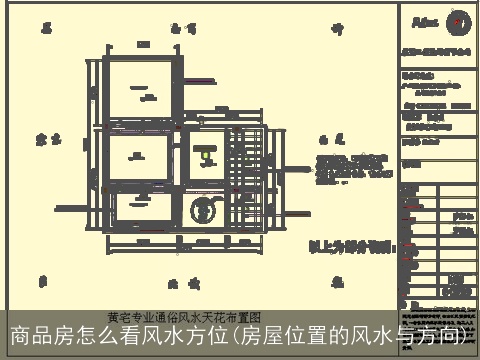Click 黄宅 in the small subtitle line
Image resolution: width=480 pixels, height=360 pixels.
(119, 317)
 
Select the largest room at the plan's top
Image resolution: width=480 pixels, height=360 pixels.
(141, 91)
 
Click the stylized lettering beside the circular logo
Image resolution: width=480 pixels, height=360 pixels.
(425, 21)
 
